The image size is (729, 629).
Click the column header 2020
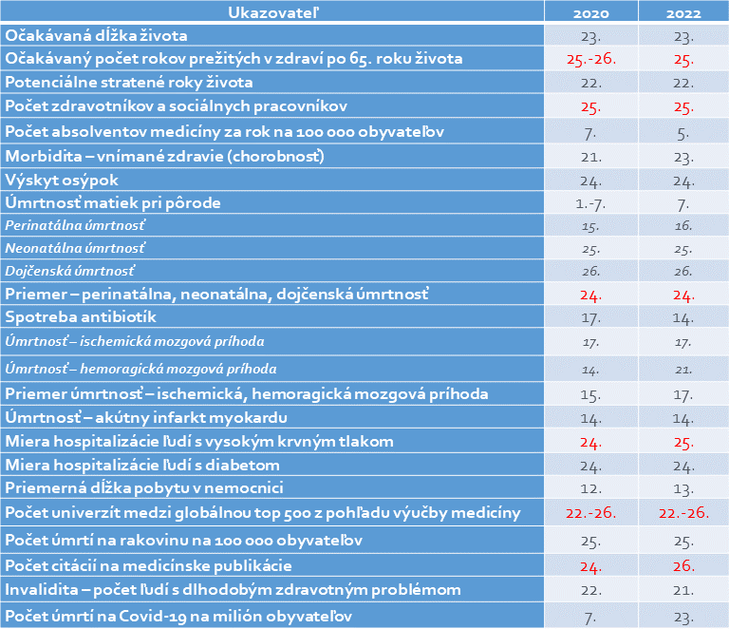[x=590, y=12]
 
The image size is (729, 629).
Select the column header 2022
[x=683, y=12]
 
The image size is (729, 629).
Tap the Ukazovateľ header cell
[x=271, y=12]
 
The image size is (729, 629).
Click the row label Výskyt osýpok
[x=63, y=179]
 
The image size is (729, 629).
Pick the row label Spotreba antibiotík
[x=81, y=316]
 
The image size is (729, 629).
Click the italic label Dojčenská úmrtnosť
[x=70, y=271]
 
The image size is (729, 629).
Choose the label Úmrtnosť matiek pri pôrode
[x=114, y=202]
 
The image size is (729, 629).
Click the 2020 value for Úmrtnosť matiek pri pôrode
[x=590, y=202]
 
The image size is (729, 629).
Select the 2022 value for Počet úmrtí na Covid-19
[x=683, y=616]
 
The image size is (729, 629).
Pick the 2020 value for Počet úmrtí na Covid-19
[x=590, y=616]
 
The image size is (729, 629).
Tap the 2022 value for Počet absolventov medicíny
[x=683, y=130]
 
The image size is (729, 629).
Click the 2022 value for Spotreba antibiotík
[x=683, y=316]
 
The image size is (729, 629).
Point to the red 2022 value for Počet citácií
[x=683, y=566]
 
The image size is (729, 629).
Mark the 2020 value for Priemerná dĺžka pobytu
[x=590, y=488]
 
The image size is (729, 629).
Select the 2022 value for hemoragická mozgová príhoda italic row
[x=683, y=368]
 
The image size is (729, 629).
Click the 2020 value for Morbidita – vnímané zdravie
[x=590, y=155]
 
